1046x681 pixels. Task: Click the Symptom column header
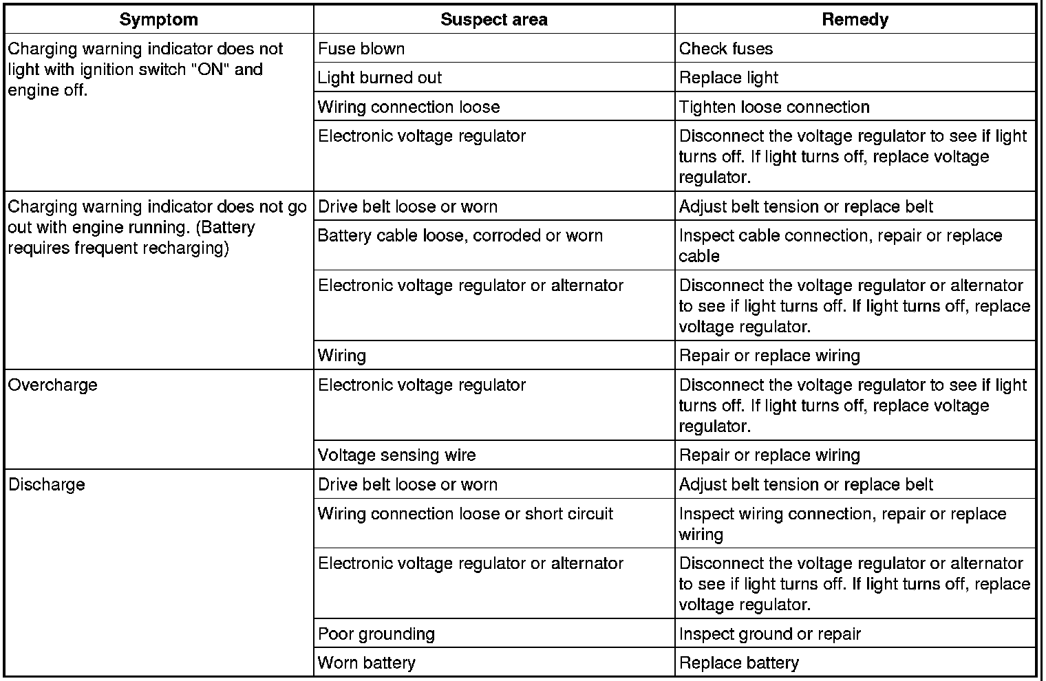tap(158, 19)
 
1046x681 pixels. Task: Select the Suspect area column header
tap(493, 19)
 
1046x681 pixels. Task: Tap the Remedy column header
tap(855, 19)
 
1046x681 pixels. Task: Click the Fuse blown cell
tap(361, 49)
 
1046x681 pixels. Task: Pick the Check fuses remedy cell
tap(726, 49)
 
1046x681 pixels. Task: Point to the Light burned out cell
tap(380, 78)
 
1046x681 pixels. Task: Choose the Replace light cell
tap(729, 78)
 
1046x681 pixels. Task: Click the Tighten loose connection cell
tap(774, 107)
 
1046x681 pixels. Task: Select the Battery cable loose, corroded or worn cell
tap(460, 236)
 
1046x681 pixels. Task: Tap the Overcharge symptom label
tap(53, 385)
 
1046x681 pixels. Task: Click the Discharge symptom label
tap(47, 484)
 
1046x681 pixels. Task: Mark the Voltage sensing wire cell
tap(396, 455)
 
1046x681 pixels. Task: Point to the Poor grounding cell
tap(376, 634)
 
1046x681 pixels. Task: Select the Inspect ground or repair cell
tap(770, 634)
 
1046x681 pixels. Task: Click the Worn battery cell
tap(367, 664)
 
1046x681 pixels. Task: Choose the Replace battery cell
tap(739, 664)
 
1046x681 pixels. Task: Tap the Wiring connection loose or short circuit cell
tap(465, 514)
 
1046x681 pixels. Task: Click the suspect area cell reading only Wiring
tap(342, 356)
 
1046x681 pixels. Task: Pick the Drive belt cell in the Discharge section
tap(407, 484)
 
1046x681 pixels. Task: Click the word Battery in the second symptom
tap(229, 228)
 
